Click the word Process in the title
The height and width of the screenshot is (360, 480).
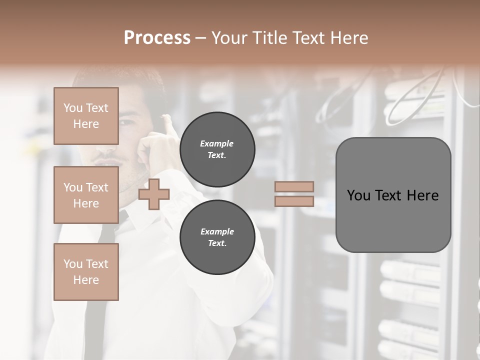coord(157,38)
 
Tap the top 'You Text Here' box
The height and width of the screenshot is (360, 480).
coord(86,116)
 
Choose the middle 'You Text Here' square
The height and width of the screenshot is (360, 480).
coord(86,195)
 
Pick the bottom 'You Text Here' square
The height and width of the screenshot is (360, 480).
coord(86,271)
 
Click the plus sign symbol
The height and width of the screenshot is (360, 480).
coord(154,194)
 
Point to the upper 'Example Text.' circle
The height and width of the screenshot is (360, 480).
coord(217,149)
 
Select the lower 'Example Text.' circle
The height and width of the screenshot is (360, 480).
coord(217,237)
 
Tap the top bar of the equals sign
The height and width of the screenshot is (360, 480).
coord(294,187)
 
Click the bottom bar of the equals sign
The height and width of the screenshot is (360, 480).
coord(294,201)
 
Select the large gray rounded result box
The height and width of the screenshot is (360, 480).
coord(393,195)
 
